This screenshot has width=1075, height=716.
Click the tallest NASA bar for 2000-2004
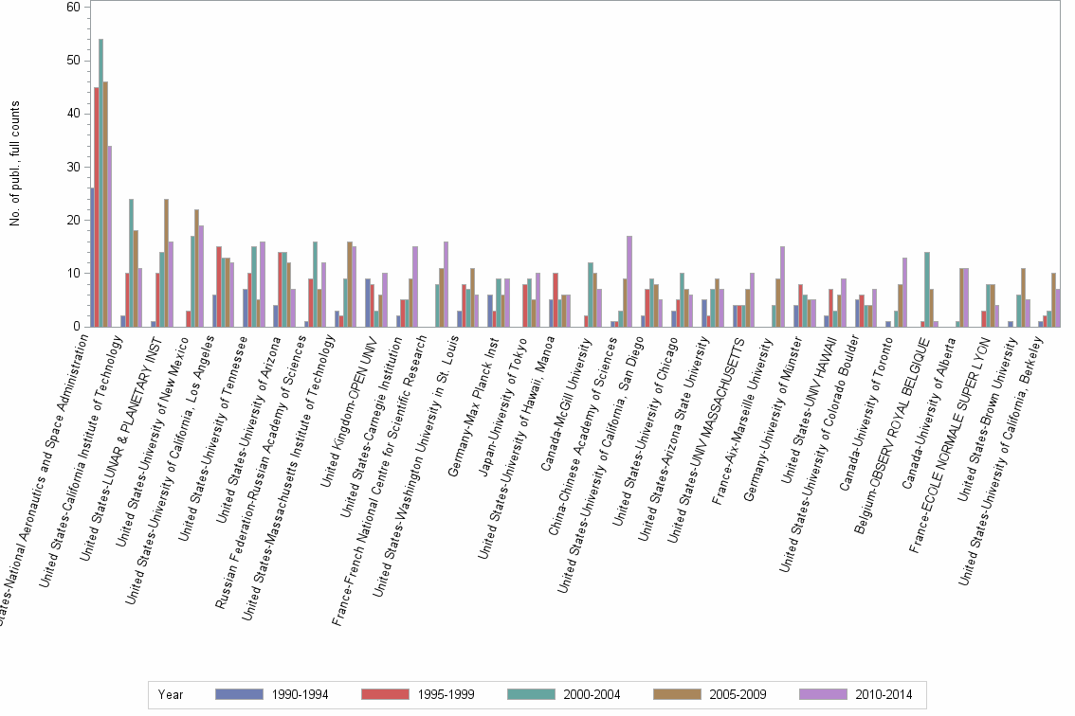click(x=101, y=183)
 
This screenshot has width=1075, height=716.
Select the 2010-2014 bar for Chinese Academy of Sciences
click(x=629, y=281)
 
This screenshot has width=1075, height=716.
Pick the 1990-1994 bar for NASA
click(x=91, y=257)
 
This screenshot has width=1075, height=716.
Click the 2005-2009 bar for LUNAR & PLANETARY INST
click(x=166, y=262)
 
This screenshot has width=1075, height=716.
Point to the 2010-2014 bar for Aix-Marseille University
click(x=782, y=286)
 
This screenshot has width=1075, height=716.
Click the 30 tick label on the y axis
click(x=73, y=167)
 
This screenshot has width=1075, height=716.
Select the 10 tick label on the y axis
click(x=73, y=274)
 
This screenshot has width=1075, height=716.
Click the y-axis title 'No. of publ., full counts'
click(x=15, y=167)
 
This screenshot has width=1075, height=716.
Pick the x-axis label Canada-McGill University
click(x=566, y=397)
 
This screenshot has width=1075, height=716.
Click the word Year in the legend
click(x=171, y=694)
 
